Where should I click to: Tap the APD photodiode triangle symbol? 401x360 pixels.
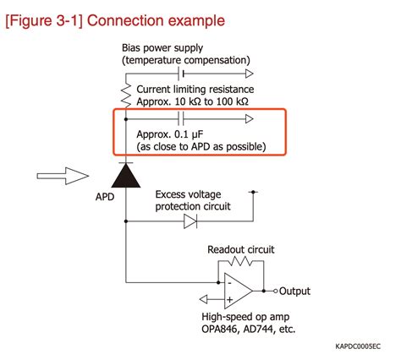[x=126, y=175]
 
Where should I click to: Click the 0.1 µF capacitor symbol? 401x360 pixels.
[x=182, y=120]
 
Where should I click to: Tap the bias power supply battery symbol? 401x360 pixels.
[x=184, y=73]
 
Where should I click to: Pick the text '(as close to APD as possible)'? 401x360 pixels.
[x=201, y=147]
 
